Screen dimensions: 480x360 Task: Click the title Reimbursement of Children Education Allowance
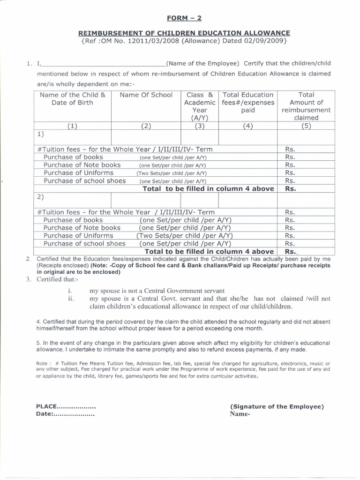tap(184, 33)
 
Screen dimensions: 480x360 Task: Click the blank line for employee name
tap(103, 65)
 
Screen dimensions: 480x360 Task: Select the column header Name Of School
tap(146, 95)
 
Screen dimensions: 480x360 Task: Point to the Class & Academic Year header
tap(200, 106)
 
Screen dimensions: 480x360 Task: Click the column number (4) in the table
tap(248, 126)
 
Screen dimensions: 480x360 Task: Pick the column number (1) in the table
tap(72, 126)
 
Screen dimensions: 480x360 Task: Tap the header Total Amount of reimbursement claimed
tap(307, 106)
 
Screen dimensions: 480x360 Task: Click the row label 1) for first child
tap(40, 134)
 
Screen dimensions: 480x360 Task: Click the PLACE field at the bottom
tap(66, 406)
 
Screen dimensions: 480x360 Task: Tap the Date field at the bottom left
tap(65, 415)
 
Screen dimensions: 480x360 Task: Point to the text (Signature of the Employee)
tap(277, 406)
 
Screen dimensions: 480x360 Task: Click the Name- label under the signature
tap(240, 415)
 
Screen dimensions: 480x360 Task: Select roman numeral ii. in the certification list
tap(71, 299)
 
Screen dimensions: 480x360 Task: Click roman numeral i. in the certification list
tap(70, 291)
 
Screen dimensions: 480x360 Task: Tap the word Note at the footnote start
tap(43, 363)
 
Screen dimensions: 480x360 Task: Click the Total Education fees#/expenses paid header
tap(248, 103)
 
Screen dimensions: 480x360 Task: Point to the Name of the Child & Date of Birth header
tap(72, 99)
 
